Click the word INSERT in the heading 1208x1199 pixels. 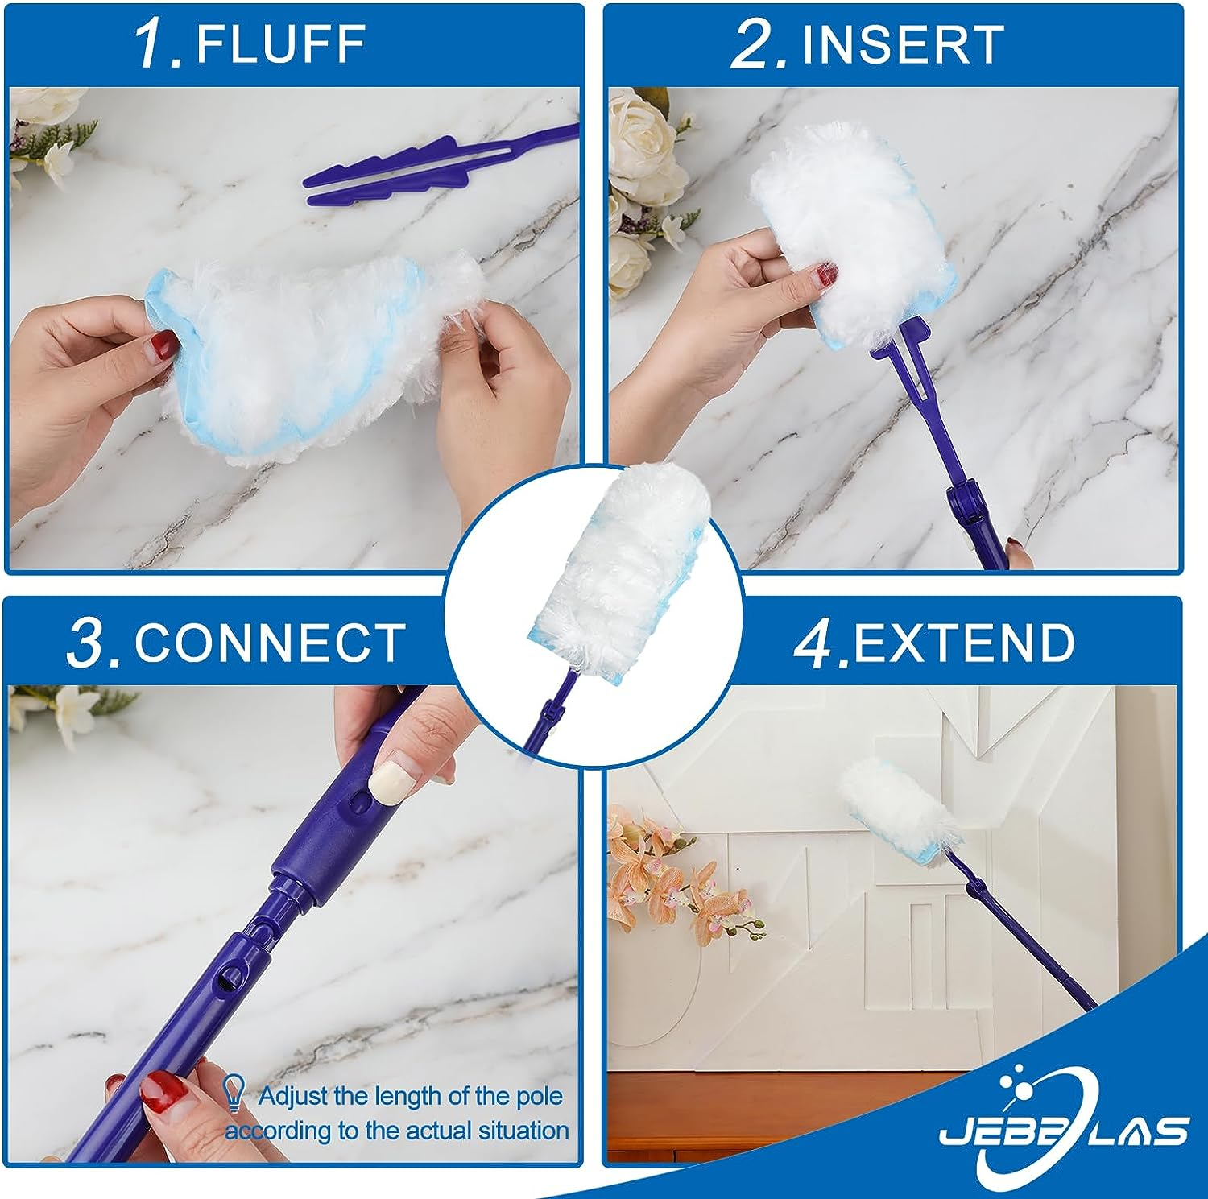[903, 44]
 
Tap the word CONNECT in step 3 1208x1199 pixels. [270, 642]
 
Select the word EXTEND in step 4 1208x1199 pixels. [964, 642]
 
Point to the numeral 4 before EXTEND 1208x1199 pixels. [816, 643]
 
